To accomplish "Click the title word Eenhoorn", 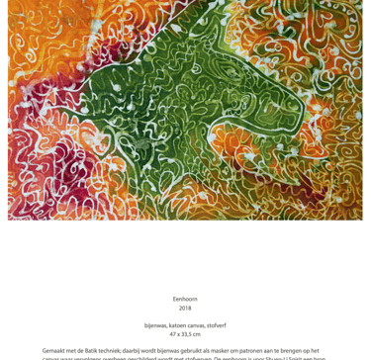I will [185, 299].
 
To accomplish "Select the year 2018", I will [185, 309].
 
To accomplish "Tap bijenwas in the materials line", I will [156, 325].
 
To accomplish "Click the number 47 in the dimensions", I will [173, 334].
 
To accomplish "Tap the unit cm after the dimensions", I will [197, 334].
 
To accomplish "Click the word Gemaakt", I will [55, 351].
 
